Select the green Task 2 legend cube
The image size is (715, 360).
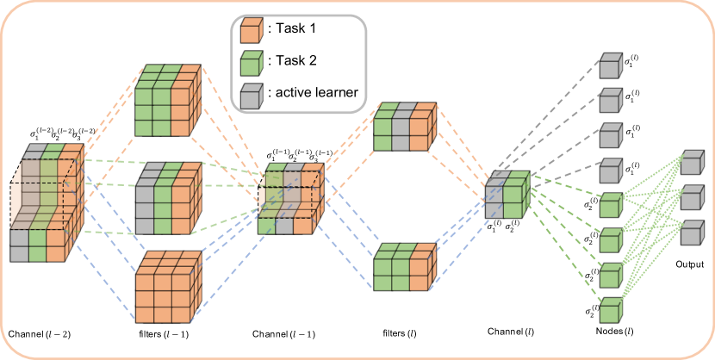251,63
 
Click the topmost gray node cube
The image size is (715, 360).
609,66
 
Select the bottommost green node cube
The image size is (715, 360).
609,308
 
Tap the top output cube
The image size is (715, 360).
692,165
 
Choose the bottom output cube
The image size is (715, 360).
692,235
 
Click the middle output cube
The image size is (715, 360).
692,200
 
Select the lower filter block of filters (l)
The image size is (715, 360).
401,271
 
